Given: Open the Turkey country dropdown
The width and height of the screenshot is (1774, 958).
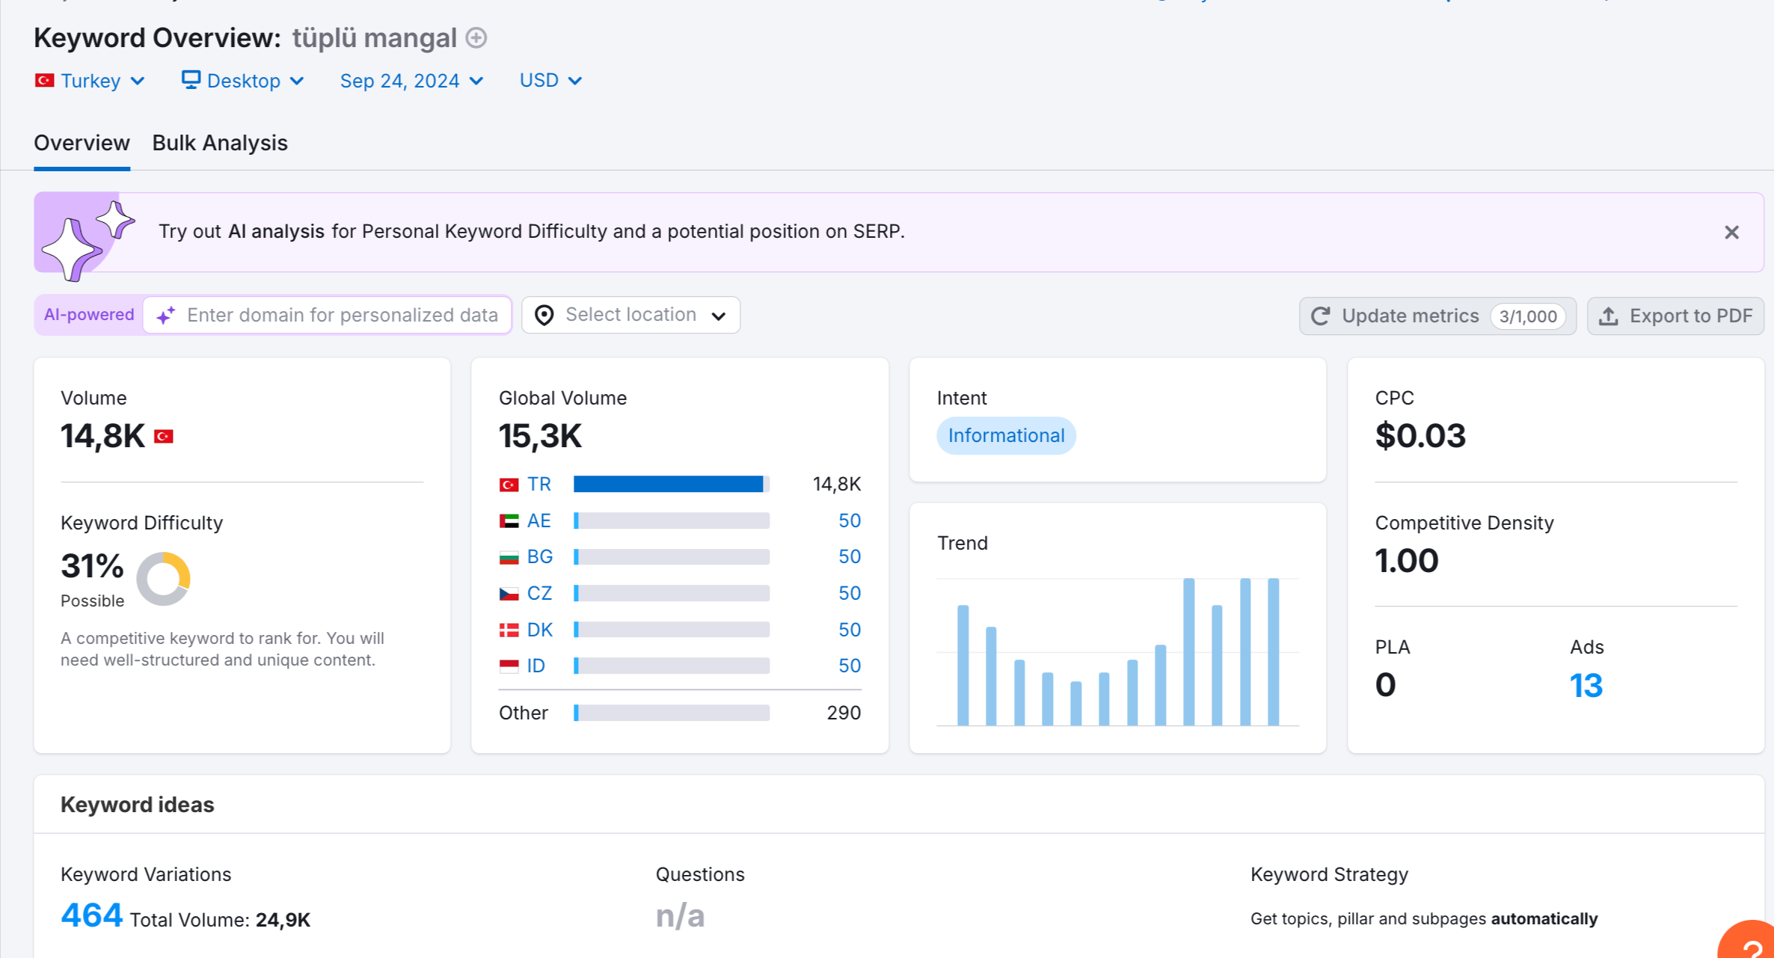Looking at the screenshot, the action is click(x=90, y=81).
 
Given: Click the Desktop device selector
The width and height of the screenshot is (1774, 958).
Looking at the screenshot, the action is click(x=243, y=81).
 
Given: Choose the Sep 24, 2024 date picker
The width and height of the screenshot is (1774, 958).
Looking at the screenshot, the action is click(x=411, y=81).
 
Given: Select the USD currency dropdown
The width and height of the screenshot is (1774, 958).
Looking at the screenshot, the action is click(x=550, y=81).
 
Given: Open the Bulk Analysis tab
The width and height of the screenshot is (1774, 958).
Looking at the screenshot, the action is click(x=220, y=143).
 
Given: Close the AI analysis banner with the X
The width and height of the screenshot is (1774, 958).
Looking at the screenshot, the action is click(x=1731, y=233).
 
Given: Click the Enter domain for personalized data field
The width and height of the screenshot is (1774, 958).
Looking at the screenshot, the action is click(x=328, y=315).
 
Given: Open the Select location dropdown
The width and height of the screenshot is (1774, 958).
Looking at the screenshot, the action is click(x=630, y=315).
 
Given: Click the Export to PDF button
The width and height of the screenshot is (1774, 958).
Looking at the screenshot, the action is click(x=1675, y=316).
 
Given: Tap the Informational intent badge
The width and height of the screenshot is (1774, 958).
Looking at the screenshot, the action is click(x=1006, y=435).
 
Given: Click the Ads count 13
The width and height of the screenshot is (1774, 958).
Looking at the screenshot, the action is click(x=1586, y=685).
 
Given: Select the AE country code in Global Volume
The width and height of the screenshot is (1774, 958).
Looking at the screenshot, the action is click(x=538, y=521).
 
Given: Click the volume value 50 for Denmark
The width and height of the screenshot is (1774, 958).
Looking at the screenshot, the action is click(x=850, y=630).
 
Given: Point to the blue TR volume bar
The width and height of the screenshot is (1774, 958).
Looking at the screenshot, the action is click(x=668, y=485).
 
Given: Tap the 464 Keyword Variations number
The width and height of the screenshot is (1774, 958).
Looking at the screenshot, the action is click(x=91, y=915).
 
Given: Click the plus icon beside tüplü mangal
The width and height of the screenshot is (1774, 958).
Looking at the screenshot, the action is click(x=476, y=37).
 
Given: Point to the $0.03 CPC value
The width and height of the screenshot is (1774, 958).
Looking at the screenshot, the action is click(x=1420, y=435).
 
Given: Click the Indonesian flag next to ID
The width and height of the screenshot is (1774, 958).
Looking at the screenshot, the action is click(x=509, y=666).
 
